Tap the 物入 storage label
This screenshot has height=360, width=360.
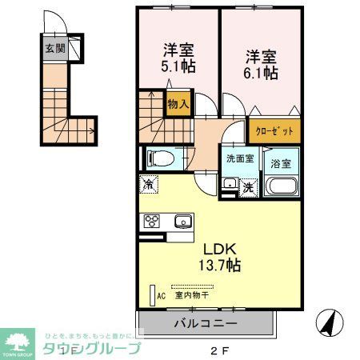pos(178,102)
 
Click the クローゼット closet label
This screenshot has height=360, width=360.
pos(274,130)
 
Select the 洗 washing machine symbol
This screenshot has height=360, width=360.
pos(249,187)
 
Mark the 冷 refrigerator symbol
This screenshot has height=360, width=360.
pos(149,183)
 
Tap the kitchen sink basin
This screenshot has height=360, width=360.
pos(182,222)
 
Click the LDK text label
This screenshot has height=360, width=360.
pos(214,247)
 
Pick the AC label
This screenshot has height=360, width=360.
pos(161,295)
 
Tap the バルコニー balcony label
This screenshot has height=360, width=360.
pos(205,325)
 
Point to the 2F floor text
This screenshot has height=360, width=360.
pos(219,350)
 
